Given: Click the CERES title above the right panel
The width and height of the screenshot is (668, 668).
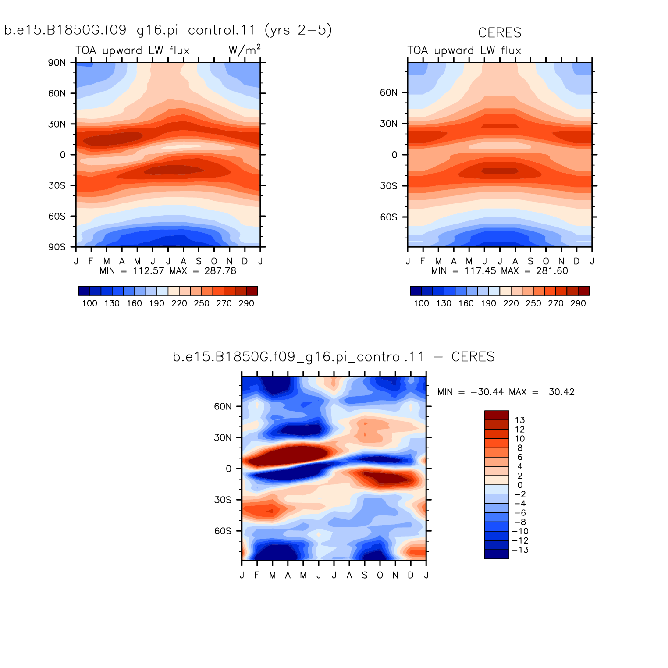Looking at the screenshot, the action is (500, 33).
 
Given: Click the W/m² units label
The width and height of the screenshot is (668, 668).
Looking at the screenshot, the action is (245, 50).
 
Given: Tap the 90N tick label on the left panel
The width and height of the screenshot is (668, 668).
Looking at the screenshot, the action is (57, 63).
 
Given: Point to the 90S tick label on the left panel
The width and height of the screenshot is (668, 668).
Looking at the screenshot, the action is (57, 247).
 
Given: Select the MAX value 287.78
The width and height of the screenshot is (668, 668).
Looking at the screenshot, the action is (220, 271).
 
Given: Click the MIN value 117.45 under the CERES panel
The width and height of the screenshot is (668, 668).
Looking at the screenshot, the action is (480, 271).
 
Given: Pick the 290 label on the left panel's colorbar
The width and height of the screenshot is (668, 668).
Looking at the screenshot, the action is (246, 303).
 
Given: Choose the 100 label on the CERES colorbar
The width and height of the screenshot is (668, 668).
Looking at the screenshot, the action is (421, 303).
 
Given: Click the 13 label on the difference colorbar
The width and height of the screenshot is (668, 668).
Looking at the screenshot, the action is (520, 420).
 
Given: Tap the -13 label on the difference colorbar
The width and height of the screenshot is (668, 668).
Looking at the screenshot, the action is (520, 550).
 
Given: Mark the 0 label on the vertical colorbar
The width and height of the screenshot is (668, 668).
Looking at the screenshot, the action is (520, 485).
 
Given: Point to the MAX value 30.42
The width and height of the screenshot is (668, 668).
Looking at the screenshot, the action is (561, 392).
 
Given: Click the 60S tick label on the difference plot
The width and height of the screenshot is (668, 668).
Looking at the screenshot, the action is (223, 531).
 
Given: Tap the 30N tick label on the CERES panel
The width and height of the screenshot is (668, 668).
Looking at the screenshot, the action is (389, 124).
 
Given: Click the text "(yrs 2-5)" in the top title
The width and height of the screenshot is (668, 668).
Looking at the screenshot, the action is (298, 30).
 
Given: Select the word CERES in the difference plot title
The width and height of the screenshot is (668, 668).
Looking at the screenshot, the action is (473, 357).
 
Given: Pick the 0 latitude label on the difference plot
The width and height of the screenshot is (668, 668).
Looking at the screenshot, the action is (228, 469).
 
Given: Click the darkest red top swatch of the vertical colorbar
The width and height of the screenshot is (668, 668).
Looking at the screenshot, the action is (497, 416).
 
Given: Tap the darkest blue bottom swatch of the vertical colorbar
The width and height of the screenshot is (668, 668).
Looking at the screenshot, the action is (497, 554).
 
